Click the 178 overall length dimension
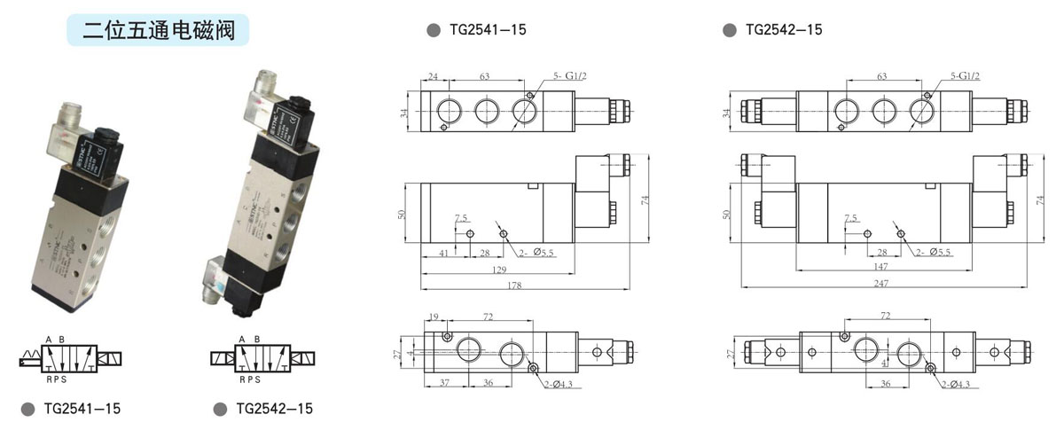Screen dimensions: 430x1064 pyautogui.click(x=515, y=285)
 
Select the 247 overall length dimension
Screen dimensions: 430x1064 pyautogui.click(x=880, y=283)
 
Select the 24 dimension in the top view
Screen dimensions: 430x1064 pyautogui.click(x=434, y=77)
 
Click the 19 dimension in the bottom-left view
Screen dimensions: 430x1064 pyautogui.click(x=434, y=317)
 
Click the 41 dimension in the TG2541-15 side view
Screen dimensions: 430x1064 pyautogui.click(x=443, y=254)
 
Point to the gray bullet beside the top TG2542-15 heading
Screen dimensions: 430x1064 pyautogui.click(x=730, y=30)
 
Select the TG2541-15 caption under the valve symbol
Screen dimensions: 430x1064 pyautogui.click(x=82, y=409)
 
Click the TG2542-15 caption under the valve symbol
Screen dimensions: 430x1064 pyautogui.click(x=274, y=409)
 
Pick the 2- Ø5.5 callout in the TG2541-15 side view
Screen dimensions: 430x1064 pyautogui.click(x=536, y=253)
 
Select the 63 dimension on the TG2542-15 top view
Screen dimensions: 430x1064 pyautogui.click(x=881, y=77)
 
